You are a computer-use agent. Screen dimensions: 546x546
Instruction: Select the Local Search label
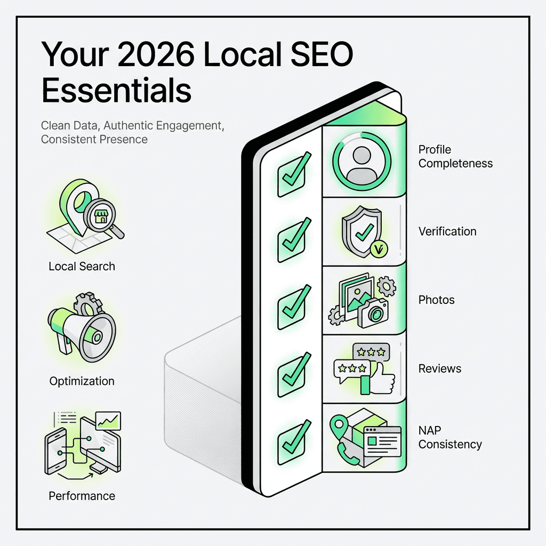(82, 266)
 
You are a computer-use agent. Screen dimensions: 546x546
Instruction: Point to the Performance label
(82, 496)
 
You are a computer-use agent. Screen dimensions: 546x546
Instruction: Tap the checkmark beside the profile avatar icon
(291, 170)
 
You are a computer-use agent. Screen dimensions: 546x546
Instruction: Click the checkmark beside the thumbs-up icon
(291, 372)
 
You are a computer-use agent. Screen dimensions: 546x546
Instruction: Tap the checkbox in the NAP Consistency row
(291, 439)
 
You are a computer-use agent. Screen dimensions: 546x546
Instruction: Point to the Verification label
(447, 231)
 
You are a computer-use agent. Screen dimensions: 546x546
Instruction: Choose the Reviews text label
(440, 368)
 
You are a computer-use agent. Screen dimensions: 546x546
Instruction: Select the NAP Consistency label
(450, 437)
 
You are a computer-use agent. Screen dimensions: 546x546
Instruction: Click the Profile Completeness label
(455, 156)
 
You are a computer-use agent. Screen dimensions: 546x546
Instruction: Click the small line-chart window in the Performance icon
(108, 421)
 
